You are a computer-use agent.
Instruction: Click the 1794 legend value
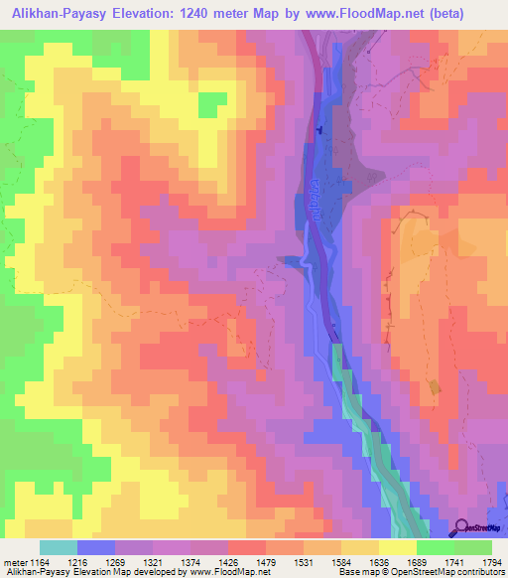click(x=490, y=562)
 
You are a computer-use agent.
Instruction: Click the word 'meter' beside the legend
click(x=14, y=562)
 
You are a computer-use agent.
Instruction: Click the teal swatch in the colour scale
click(x=59, y=547)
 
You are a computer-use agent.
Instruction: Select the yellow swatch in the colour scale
click(x=397, y=547)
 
